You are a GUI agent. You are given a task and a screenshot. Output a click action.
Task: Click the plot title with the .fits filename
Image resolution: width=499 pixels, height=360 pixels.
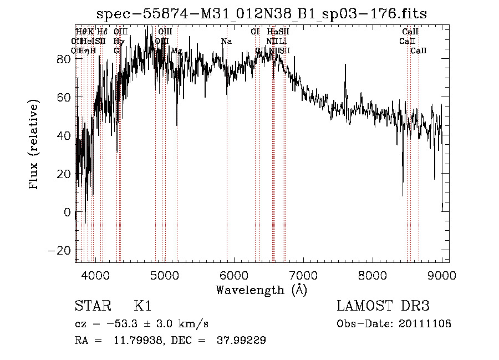pyautogui.click(x=262, y=14)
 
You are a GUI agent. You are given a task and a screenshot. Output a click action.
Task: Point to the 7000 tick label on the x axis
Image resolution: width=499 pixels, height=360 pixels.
pyautogui.click(x=303, y=275)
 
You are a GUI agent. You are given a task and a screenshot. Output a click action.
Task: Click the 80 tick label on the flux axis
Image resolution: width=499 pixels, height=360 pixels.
pyautogui.click(x=63, y=59)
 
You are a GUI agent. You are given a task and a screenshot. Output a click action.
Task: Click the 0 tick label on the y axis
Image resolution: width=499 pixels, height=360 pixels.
pyautogui.click(x=68, y=212)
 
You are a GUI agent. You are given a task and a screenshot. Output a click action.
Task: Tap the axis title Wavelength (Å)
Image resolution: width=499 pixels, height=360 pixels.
pyautogui.click(x=261, y=290)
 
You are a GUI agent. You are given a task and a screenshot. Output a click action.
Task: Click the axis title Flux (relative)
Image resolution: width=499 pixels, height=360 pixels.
pyautogui.click(x=34, y=145)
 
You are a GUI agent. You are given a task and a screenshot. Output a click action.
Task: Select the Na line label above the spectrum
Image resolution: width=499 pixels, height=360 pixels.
pyautogui.click(x=226, y=41)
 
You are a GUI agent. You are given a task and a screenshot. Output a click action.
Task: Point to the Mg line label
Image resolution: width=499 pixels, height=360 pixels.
pyautogui.click(x=176, y=51)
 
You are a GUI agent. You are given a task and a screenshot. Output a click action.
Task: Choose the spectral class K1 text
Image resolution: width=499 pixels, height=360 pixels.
pyautogui.click(x=142, y=306)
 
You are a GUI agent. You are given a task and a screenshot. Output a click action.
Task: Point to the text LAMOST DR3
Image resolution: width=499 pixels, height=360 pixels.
pyautogui.click(x=383, y=306)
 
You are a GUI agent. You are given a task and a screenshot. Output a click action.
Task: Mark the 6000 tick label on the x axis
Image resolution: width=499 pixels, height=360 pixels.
pyautogui.click(x=234, y=275)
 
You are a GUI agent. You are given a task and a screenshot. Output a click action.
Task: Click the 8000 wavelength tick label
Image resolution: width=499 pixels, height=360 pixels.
pyautogui.click(x=373, y=275)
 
